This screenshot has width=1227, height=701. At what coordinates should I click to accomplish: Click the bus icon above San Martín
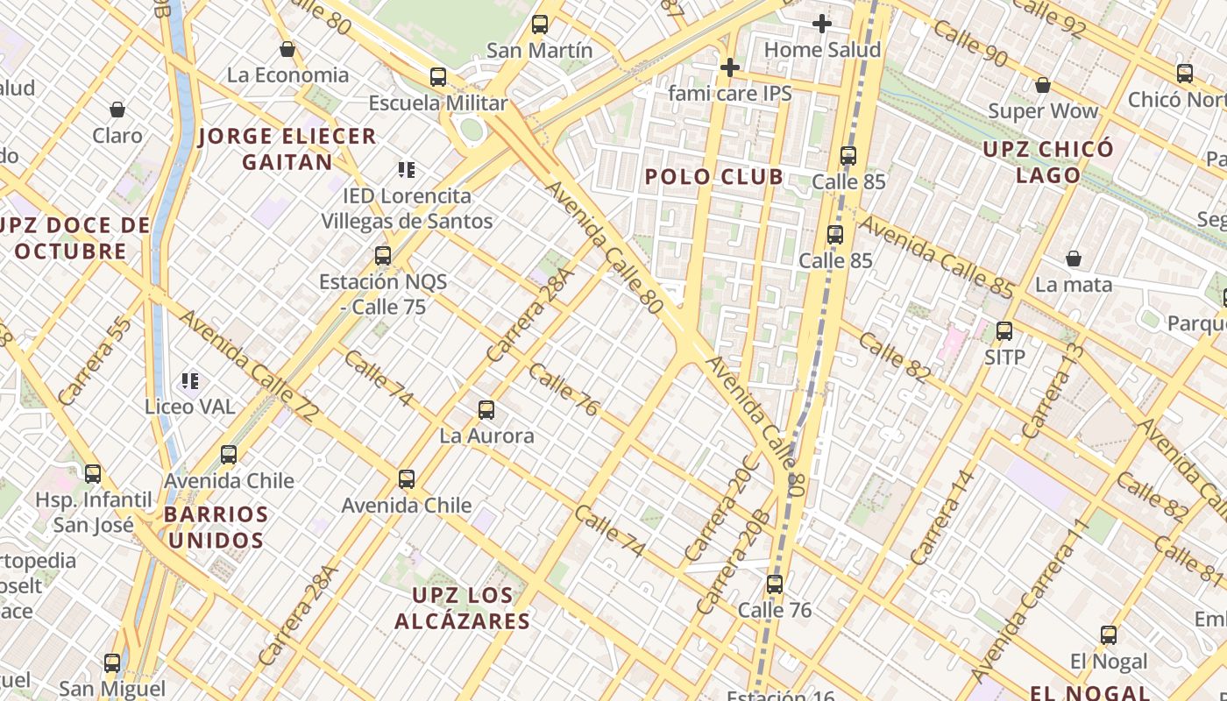540,25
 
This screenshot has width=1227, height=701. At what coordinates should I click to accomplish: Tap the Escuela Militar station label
437,103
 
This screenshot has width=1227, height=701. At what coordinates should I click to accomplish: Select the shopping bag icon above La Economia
287,49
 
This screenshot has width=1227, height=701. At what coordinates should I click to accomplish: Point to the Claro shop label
117,135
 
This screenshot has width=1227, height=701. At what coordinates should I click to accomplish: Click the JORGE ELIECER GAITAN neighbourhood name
287,149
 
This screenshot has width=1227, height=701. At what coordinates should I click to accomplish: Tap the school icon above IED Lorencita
406,169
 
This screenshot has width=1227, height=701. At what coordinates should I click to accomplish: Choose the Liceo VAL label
190,407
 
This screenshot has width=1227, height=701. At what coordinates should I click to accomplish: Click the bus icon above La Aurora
486,409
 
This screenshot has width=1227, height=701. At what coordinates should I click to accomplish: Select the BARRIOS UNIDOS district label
216,527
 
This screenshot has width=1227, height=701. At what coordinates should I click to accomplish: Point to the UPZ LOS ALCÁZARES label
462,609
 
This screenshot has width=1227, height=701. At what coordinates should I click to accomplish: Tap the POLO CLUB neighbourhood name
714,177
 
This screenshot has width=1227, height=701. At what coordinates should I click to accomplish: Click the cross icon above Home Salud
821,24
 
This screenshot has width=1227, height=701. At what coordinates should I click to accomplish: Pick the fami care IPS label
729,93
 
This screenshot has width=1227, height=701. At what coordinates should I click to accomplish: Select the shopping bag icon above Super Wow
1043,85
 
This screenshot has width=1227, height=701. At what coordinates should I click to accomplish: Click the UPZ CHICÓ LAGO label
1048,162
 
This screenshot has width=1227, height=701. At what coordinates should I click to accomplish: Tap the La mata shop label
1073,285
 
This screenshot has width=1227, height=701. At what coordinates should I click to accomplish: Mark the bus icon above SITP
1004,331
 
